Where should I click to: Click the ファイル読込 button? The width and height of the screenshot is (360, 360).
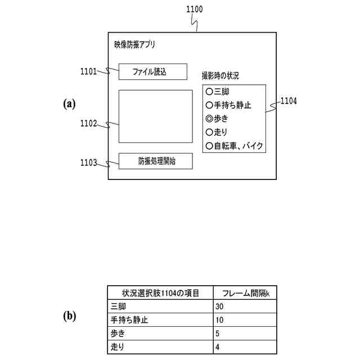click(x=152, y=71)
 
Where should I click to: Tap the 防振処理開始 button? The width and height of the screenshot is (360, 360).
click(x=155, y=161)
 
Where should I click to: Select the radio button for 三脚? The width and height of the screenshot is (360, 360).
click(x=209, y=91)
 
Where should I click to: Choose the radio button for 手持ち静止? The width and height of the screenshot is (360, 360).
click(x=209, y=105)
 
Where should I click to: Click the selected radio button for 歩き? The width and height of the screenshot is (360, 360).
click(x=209, y=119)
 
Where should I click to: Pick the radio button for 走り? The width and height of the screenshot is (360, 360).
click(x=209, y=133)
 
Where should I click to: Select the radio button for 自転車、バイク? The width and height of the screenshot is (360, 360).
click(x=209, y=146)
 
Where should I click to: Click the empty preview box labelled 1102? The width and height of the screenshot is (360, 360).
click(x=155, y=116)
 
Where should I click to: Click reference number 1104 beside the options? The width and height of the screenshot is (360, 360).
click(x=289, y=101)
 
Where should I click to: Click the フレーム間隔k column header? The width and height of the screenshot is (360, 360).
click(x=246, y=292)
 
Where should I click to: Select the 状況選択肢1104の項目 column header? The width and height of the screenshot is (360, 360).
click(x=160, y=292)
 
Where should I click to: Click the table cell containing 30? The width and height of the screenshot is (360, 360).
click(x=246, y=306)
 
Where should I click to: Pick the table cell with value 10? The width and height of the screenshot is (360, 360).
click(x=246, y=320)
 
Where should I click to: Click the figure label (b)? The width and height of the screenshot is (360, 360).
click(x=69, y=316)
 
